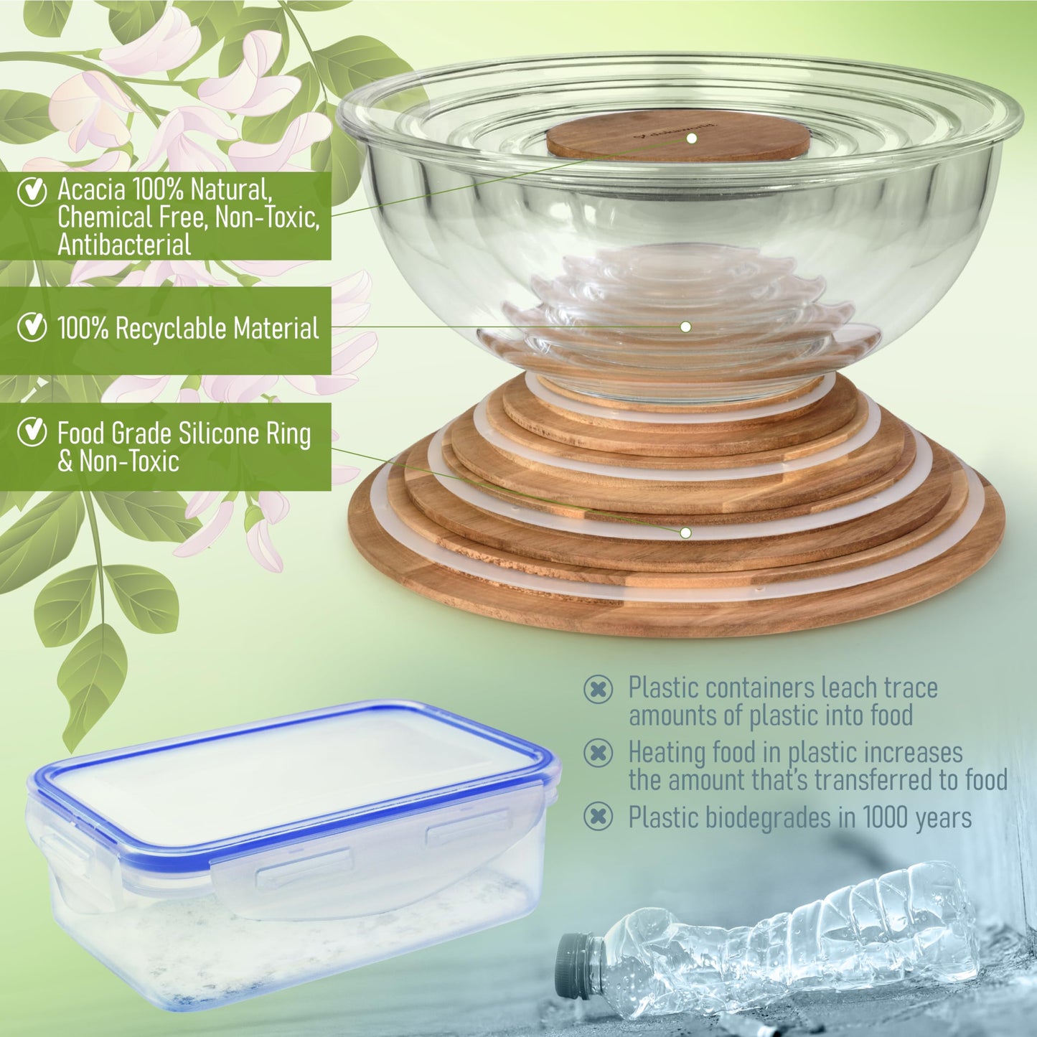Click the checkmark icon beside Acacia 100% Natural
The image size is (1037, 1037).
32,191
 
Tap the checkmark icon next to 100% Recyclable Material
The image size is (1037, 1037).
32,327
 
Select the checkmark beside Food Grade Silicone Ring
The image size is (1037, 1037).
32,432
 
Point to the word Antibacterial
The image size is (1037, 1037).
124,245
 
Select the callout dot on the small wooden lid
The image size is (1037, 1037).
691,139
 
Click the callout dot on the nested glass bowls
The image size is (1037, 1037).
685,327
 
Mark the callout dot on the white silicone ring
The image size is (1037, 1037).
685,532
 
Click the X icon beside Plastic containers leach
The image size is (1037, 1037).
598,689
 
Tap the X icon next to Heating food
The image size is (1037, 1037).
598,753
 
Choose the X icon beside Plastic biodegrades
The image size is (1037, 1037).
598,817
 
